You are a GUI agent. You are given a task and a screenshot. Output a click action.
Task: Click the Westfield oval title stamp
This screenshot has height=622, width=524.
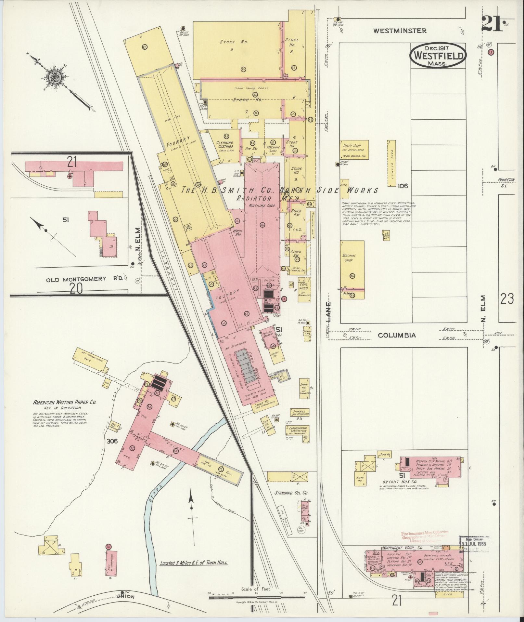pos(438,56)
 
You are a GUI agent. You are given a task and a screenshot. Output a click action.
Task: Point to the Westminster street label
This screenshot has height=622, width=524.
pos(400,31)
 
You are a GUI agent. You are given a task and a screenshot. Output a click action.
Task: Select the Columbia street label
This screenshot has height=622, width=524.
pos(397,335)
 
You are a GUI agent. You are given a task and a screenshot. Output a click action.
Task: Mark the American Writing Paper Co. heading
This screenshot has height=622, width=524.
pos(65,402)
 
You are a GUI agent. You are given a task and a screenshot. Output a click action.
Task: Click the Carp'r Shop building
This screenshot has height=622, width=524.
pos(354,150)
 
